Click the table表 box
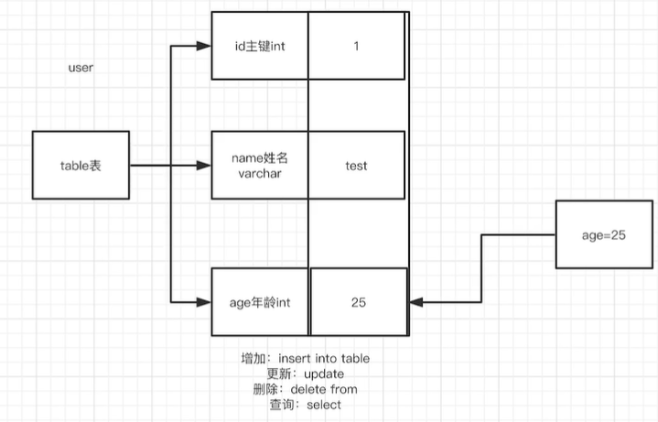click(80, 166)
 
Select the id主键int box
click(260, 46)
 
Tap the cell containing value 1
click(356, 46)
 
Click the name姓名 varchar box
click(260, 166)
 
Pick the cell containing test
click(356, 166)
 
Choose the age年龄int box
click(260, 301)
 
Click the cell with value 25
click(359, 301)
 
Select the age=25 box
click(603, 234)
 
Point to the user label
click(81, 69)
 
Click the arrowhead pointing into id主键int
click(204, 46)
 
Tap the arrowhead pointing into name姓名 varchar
click(204, 166)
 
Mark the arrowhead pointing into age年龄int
click(204, 301)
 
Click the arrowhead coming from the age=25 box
click(416, 301)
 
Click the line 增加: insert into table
click(305, 358)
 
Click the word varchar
click(260, 174)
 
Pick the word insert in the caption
click(298, 358)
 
